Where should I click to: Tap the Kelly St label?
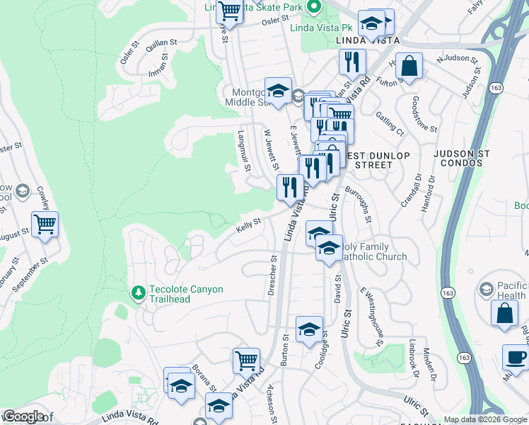tap(248, 225)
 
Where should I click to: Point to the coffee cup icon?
tap(516, 356)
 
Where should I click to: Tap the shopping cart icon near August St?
tap(45, 225)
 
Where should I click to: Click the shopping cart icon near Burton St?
tap(246, 360)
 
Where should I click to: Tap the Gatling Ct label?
tap(389, 122)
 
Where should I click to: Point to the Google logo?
tap(24, 417)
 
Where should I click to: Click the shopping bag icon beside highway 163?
tap(504, 314)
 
